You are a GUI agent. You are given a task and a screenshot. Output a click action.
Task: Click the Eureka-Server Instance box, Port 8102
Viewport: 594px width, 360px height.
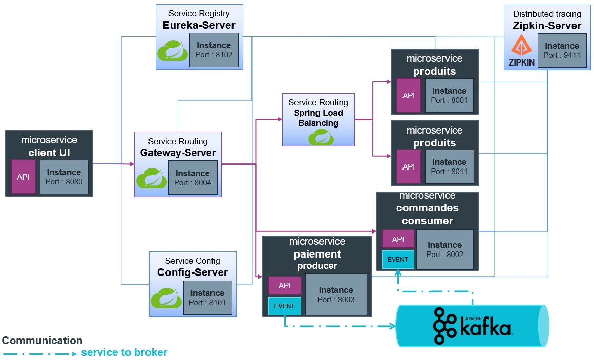(x=214, y=50)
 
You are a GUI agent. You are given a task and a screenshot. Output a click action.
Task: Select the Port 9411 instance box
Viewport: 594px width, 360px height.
(x=562, y=50)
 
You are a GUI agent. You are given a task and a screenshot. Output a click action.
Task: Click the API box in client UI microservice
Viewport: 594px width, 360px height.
(x=23, y=177)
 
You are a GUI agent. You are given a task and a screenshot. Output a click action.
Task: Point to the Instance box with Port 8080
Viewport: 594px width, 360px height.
(x=63, y=177)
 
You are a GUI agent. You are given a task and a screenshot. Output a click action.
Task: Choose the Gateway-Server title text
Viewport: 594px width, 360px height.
(x=178, y=153)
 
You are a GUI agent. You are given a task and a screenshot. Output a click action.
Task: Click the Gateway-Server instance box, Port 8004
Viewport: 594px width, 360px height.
(x=193, y=178)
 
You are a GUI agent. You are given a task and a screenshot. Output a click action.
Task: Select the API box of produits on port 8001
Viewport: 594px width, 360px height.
(x=409, y=95)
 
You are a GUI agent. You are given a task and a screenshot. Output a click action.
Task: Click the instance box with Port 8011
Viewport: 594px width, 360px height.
(x=449, y=166)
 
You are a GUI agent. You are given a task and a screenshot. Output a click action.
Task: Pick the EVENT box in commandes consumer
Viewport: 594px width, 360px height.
(x=398, y=260)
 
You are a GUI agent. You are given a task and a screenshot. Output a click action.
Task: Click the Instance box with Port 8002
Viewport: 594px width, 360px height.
(x=444, y=249)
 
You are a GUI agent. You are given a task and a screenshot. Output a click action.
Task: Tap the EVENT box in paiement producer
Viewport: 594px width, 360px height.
(x=284, y=306)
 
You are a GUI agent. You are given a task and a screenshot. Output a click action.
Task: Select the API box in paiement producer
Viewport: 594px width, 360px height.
(x=285, y=286)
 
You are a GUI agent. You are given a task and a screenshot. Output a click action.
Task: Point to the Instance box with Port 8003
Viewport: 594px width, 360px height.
(x=336, y=294)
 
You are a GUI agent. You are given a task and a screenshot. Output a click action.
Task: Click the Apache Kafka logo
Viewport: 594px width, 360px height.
(x=472, y=326)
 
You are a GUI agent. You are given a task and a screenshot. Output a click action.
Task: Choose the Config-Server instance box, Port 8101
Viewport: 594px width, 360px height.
(x=207, y=298)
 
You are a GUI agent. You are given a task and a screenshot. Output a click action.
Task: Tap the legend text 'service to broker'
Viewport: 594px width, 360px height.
(x=124, y=352)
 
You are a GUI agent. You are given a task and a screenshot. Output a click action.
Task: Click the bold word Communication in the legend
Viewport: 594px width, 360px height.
(x=42, y=341)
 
